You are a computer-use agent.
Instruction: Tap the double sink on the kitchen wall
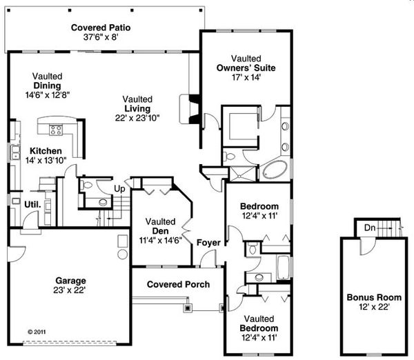(14, 152)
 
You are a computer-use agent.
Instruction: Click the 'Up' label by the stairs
(119, 188)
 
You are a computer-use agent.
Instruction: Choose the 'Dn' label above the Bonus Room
(369, 227)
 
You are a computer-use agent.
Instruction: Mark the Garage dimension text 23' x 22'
(71, 290)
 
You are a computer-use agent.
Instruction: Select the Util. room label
(32, 205)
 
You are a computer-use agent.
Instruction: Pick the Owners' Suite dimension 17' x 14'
(246, 78)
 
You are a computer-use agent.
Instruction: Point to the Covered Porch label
(177, 284)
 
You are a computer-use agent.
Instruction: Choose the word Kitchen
(46, 150)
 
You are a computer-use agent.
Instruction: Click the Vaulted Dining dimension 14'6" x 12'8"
(46, 95)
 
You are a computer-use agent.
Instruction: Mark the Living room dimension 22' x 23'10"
(137, 118)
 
